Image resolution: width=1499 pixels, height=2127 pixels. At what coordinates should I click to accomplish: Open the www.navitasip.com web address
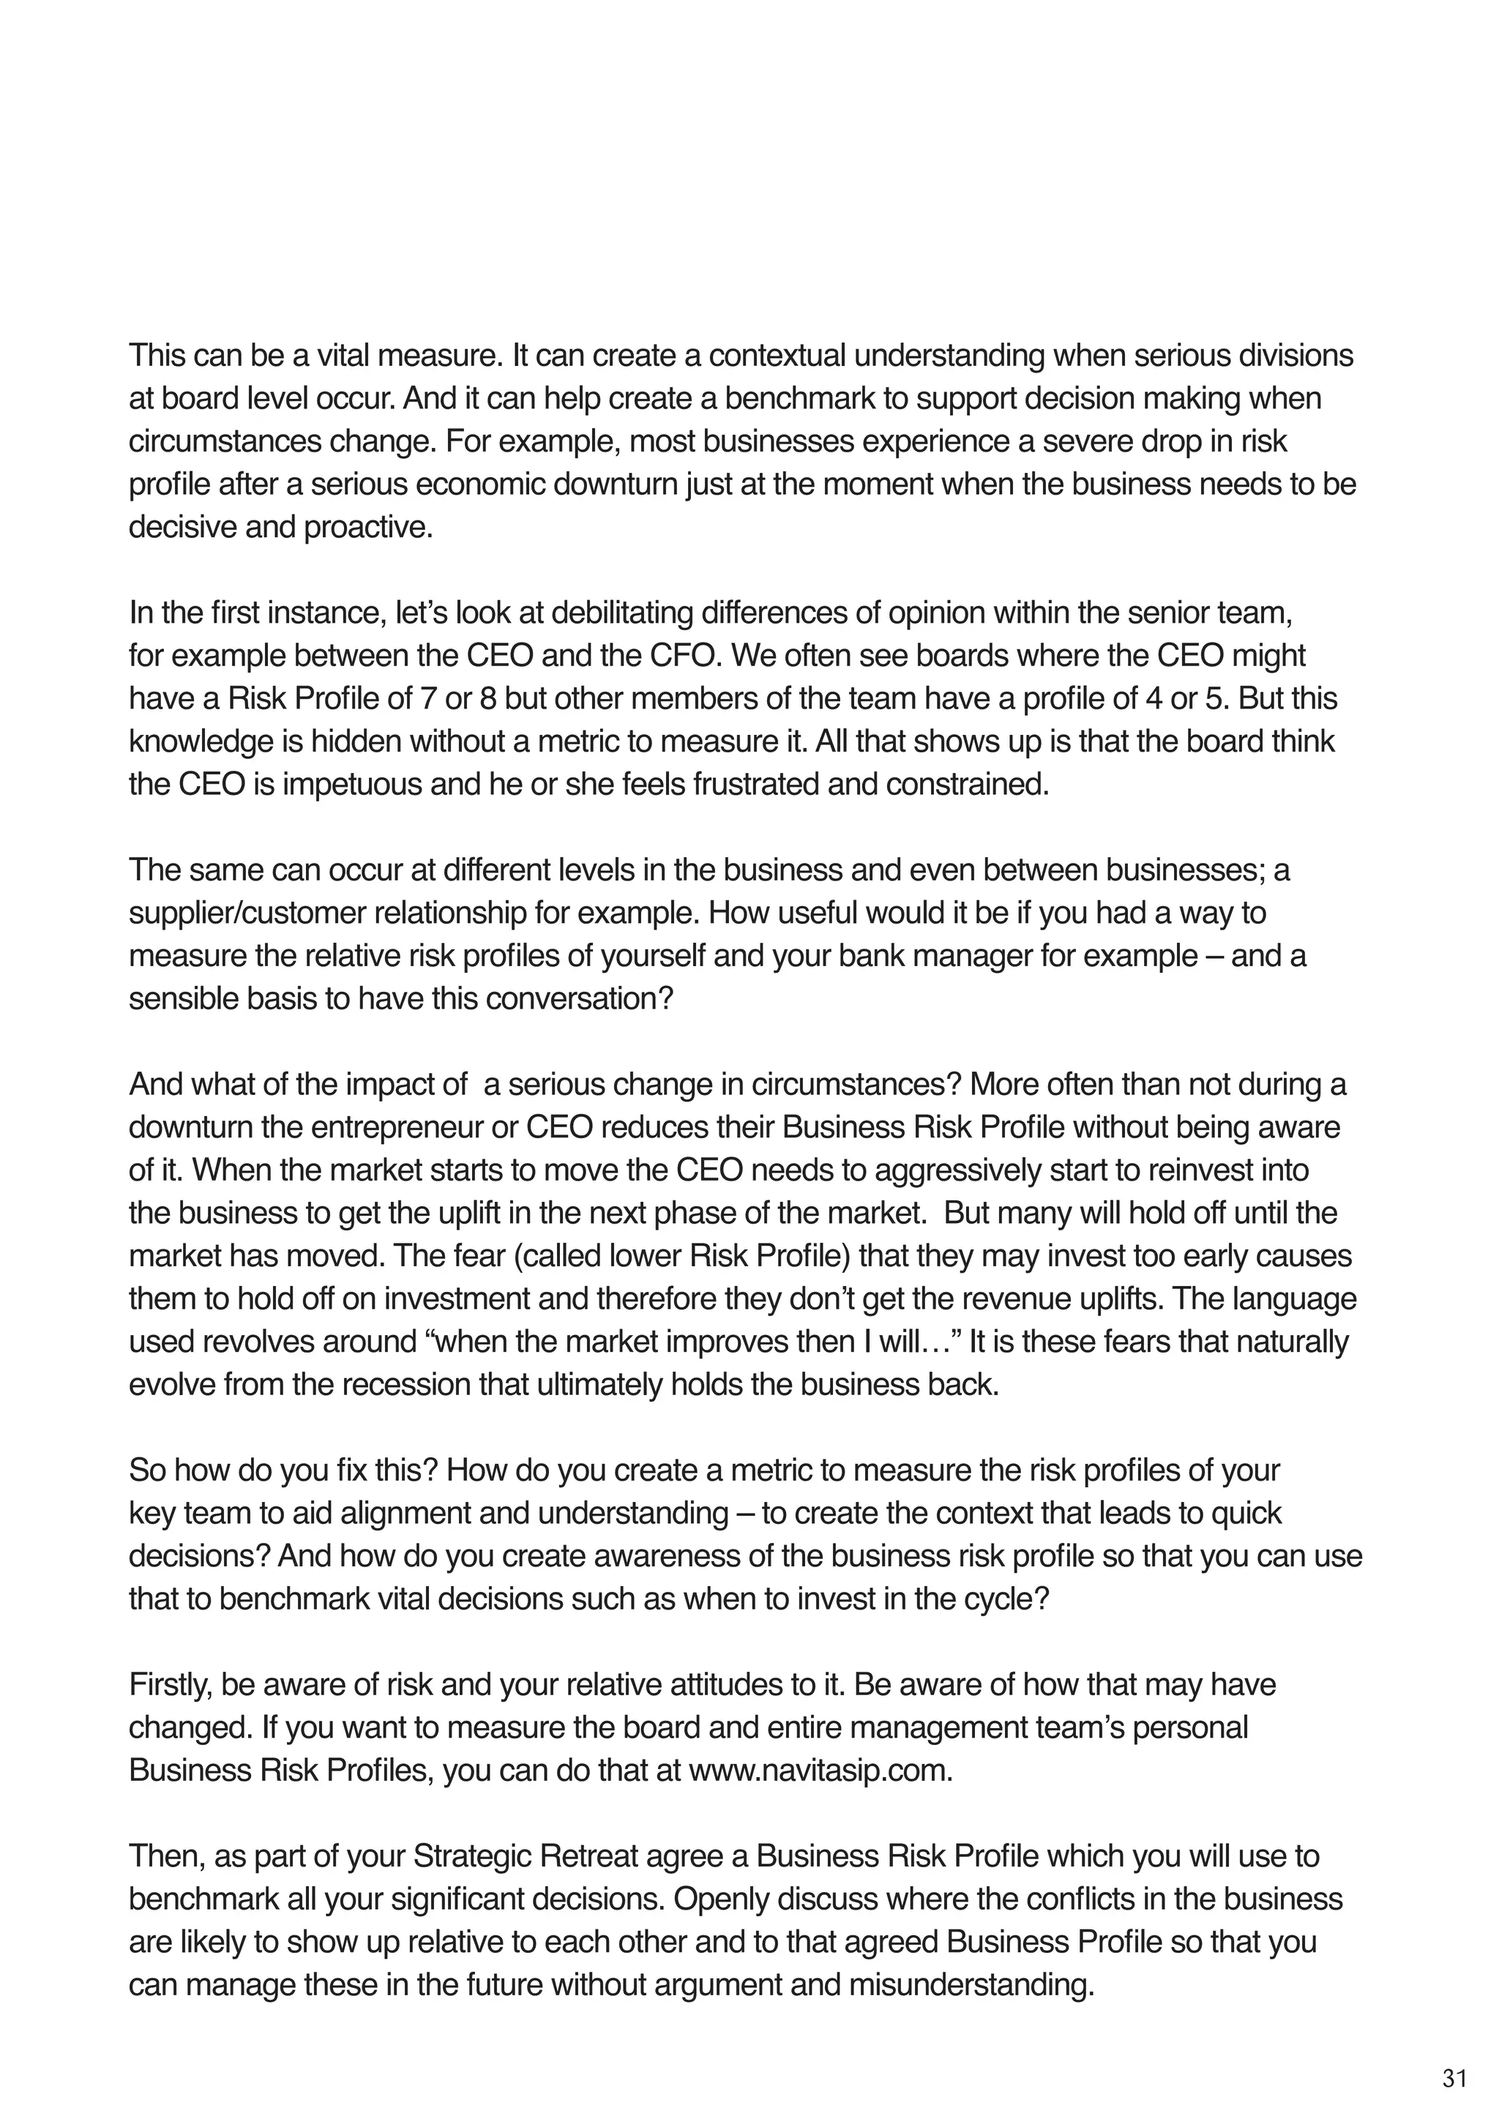(x=820, y=1771)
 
